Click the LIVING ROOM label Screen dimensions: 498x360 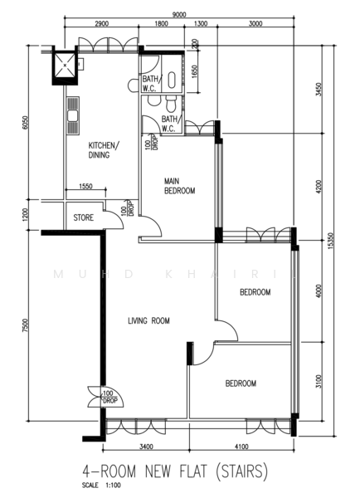[148, 320]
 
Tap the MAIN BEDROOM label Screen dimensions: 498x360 [179, 185]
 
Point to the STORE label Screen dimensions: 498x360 [84, 219]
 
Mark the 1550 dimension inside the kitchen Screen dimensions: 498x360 [85, 187]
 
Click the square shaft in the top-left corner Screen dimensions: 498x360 [65, 65]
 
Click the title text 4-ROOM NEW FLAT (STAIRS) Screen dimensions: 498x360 [175, 472]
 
